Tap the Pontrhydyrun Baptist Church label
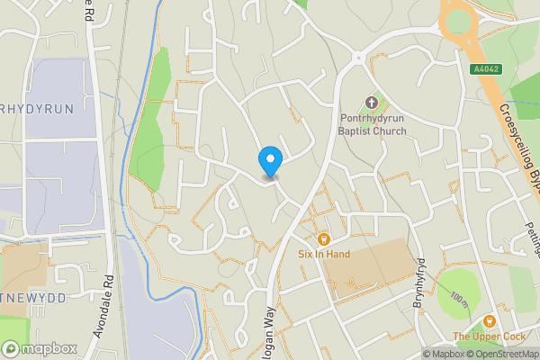pyautogui.click(x=373, y=124)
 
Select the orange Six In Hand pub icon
pyautogui.click(x=323, y=239)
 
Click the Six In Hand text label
pyautogui.click(x=324, y=255)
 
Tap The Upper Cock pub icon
pyautogui.click(x=490, y=321)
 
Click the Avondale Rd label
pyautogui.click(x=103, y=306)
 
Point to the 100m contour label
pyautogui.click(x=460, y=298)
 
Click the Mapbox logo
pyautogui.click(x=40, y=348)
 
